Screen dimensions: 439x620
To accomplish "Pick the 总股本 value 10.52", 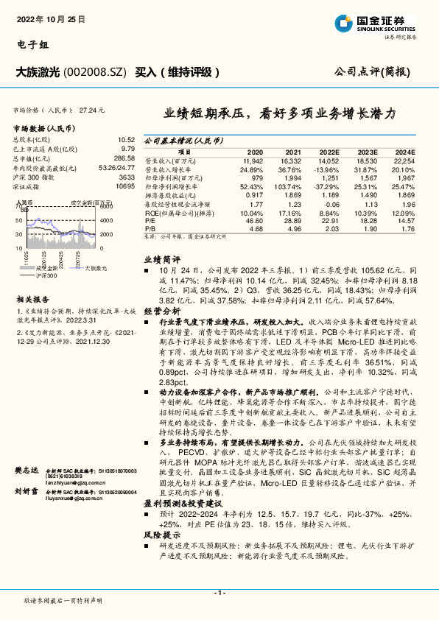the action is tap(127, 139).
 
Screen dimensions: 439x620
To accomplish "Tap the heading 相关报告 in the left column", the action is tap(33, 299).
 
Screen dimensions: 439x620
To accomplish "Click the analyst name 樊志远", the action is tap(26, 468).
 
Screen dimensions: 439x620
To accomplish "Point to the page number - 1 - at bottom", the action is tap(219, 593).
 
